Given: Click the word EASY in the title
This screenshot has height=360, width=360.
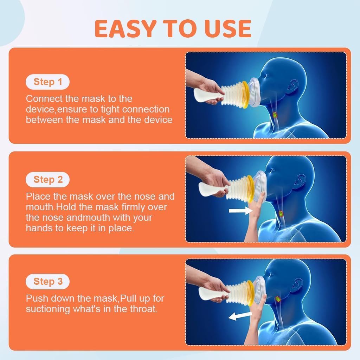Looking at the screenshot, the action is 126,28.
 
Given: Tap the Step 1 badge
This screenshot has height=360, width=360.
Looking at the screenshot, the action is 47,82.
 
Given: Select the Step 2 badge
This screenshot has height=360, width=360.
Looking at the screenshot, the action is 47,180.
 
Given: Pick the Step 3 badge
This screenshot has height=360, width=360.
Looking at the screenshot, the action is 47,282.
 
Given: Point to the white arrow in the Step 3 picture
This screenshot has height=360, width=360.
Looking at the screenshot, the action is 240,316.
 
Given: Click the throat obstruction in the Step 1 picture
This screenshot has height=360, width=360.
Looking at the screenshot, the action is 274,114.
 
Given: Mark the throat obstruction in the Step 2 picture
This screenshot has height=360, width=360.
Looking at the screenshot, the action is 281,213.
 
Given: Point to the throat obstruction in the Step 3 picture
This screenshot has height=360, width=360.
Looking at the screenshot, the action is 278,299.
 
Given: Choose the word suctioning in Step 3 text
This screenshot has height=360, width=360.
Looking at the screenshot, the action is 48,309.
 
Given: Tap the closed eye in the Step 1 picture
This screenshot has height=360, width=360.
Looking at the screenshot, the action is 266,76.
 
